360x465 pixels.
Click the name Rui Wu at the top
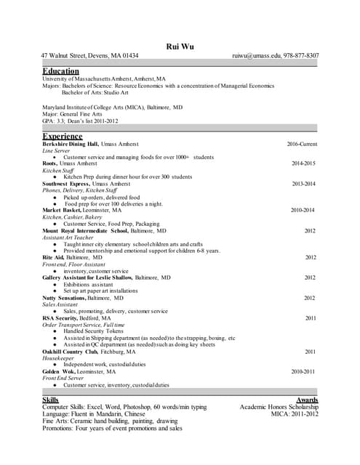coord(180,46)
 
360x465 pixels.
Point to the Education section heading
coord(60,70)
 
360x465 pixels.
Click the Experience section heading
coord(63,136)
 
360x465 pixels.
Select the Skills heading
coord(51,400)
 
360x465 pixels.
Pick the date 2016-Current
coord(301,144)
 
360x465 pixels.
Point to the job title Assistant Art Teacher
coord(68,237)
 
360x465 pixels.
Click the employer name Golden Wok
coord(59,371)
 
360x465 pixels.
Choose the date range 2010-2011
coord(303,371)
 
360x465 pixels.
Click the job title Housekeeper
coord(57,357)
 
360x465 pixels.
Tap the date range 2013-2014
coord(303,184)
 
